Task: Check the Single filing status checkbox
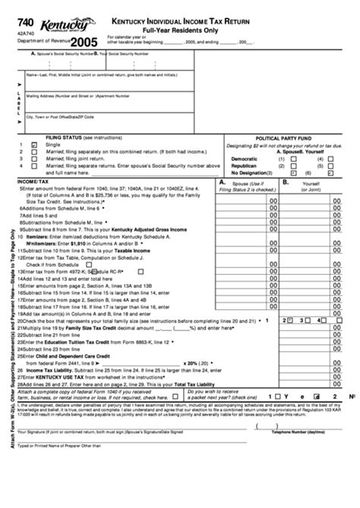coord(35,144)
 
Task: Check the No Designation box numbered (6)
coord(331,172)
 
